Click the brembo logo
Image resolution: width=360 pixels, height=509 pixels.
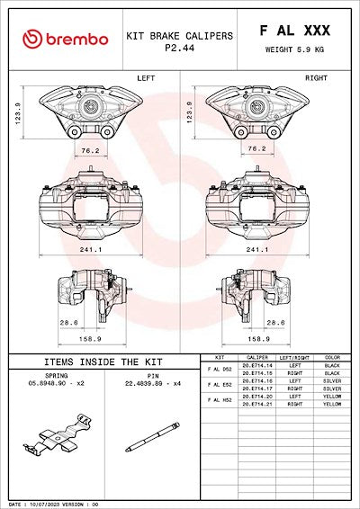click(x=66, y=39)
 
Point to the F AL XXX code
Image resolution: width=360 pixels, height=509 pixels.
click(x=294, y=31)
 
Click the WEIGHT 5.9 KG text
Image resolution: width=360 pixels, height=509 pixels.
click(x=295, y=50)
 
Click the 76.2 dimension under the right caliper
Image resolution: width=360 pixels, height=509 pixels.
click(x=256, y=149)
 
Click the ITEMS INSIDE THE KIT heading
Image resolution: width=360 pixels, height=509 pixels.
click(x=92, y=361)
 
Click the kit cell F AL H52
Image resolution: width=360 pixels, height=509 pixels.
click(x=220, y=400)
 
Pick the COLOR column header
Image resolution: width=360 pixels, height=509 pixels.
click(x=332, y=358)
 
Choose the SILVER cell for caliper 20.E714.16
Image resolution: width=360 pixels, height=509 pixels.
click(x=332, y=381)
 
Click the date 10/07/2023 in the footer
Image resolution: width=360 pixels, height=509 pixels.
click(x=42, y=505)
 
